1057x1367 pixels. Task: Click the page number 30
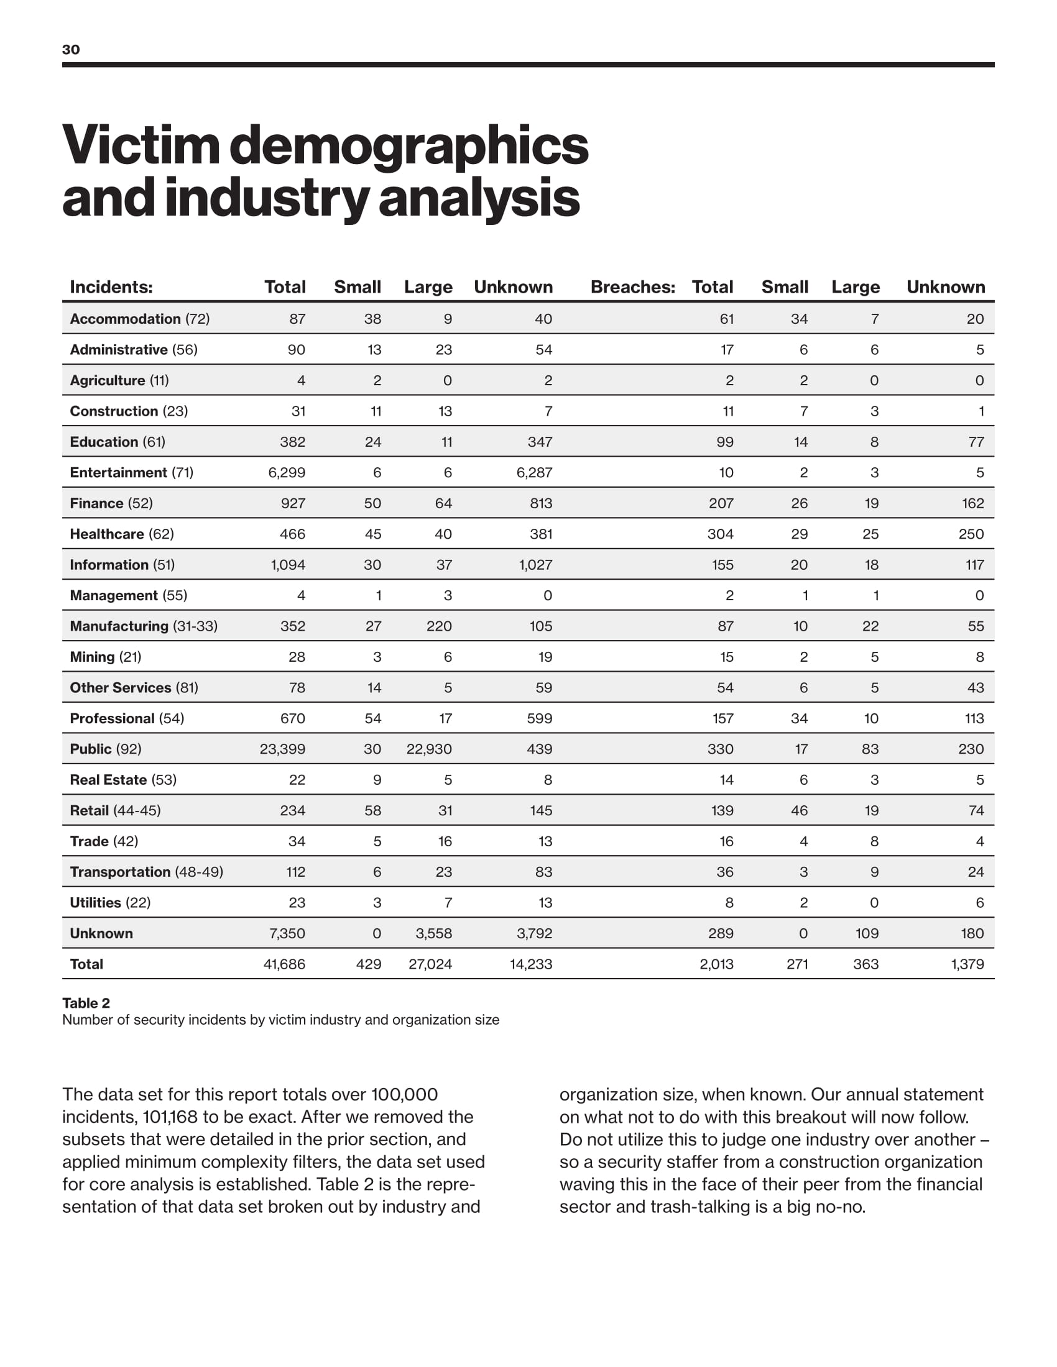coord(71,50)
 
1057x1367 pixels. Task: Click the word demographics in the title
coord(409,145)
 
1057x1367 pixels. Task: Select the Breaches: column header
coord(632,286)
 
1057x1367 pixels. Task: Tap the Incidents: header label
coord(111,286)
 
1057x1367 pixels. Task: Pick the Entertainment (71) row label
coord(131,473)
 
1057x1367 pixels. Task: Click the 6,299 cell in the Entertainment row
coord(287,473)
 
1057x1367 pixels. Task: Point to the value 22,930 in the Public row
coord(429,749)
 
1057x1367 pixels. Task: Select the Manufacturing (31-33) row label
coord(144,626)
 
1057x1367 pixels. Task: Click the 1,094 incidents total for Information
coord(288,565)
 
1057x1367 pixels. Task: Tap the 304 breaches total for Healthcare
coord(720,534)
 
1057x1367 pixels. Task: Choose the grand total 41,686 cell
coord(284,964)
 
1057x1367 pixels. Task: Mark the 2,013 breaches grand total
coord(716,964)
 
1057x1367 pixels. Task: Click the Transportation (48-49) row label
coord(147,872)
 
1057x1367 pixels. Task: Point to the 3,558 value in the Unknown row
coord(433,933)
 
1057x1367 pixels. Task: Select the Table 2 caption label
coord(86,1004)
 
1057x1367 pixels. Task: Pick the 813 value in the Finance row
coord(541,503)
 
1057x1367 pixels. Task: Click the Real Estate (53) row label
coord(122,780)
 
